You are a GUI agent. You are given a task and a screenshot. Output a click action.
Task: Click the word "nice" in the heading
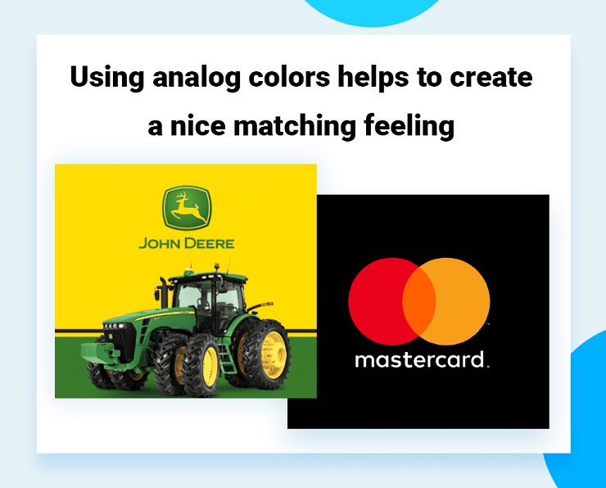tap(194, 127)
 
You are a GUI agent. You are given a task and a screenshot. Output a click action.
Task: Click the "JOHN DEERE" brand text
tap(186, 243)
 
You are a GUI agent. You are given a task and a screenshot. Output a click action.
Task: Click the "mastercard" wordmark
tap(419, 359)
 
